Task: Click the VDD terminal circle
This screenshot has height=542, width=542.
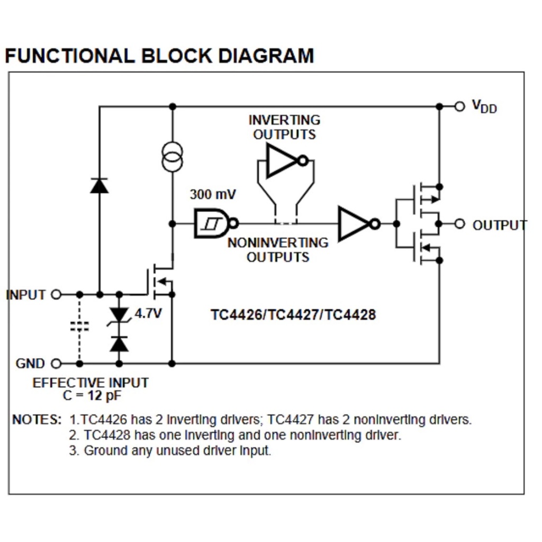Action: (459, 106)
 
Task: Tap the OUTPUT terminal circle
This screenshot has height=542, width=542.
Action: (459, 224)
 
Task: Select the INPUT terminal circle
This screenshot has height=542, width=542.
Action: (56, 294)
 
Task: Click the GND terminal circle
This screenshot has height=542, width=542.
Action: (56, 364)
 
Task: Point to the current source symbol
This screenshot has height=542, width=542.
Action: (172, 157)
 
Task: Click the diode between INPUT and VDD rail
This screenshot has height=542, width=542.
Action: (99, 185)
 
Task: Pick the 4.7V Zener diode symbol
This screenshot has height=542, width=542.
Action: (119, 315)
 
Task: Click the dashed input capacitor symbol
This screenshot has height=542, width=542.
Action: (79, 326)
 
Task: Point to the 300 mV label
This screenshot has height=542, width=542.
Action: (213, 194)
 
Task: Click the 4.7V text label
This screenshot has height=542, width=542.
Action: (148, 313)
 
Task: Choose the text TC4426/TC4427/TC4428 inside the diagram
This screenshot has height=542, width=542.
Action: (293, 315)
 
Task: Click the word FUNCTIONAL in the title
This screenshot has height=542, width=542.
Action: (69, 56)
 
